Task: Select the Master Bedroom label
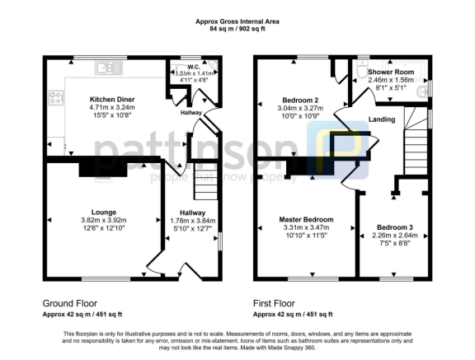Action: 306,220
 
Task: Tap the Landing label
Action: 382,120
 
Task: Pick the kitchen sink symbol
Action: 108,68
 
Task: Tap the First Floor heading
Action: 274,303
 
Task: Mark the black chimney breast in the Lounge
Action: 98,169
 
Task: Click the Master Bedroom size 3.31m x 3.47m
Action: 306,228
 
